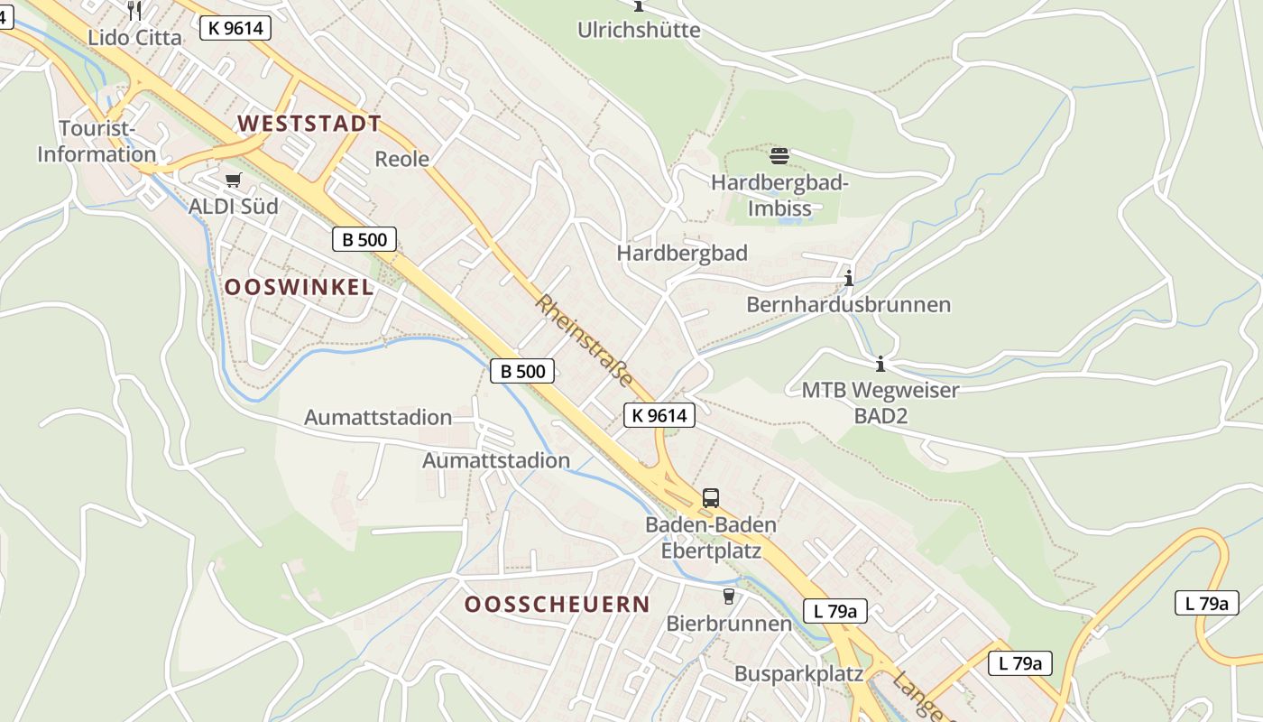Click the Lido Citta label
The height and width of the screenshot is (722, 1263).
coord(134,37)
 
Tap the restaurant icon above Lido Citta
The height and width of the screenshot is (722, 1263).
coord(134,10)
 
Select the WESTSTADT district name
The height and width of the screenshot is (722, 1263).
coord(309,124)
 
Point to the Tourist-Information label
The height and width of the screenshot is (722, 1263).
coord(97,142)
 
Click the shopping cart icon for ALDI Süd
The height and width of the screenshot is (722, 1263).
coord(234,180)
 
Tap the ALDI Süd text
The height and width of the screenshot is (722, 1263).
coord(234,207)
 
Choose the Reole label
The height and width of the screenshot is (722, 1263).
coord(401,159)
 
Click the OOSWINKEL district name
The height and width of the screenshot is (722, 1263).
coord(299,287)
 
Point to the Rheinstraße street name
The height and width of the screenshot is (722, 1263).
coord(585,341)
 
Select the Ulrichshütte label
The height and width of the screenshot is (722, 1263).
coord(639,30)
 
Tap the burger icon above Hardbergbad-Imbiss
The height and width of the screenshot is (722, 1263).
coord(779,155)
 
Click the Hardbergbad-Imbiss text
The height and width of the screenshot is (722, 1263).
coord(779,195)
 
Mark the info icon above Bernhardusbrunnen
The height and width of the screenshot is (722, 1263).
coord(848,278)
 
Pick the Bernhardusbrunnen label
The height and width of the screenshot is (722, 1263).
coord(848,304)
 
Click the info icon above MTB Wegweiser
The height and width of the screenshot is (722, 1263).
coord(880,365)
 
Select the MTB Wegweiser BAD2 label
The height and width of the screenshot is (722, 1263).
coord(880,403)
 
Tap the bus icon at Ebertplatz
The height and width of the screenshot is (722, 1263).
coord(711,497)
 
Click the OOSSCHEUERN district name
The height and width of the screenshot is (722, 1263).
coord(557,605)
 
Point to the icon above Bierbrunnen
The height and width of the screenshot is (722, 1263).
coord(729,597)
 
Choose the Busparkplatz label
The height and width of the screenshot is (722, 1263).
coord(798,674)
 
